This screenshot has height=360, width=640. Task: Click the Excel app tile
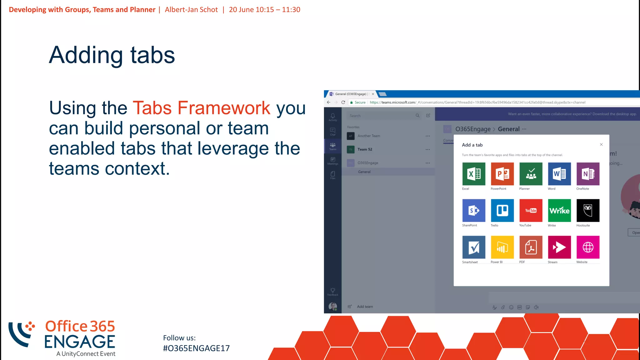click(474, 174)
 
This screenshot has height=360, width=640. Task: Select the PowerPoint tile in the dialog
click(502, 174)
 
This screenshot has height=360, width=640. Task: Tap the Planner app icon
click(531, 174)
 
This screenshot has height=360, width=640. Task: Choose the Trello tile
click(502, 210)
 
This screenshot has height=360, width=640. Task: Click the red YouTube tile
click(531, 210)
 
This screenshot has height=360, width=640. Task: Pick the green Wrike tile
click(559, 210)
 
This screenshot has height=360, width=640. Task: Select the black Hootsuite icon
click(588, 210)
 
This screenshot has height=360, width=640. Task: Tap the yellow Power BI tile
click(502, 247)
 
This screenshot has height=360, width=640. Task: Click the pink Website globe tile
click(588, 247)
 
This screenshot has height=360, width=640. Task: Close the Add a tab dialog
click(601, 144)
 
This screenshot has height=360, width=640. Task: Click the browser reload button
click(343, 102)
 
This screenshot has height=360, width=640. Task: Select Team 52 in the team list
click(365, 149)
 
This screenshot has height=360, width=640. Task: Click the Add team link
click(365, 307)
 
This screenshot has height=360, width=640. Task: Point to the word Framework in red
click(224, 108)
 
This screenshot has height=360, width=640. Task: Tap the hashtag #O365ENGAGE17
click(196, 348)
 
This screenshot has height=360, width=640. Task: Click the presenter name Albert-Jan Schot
click(191, 10)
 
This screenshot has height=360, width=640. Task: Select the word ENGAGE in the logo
click(80, 342)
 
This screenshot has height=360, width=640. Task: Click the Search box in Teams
click(381, 116)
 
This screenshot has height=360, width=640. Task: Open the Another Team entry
click(369, 136)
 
